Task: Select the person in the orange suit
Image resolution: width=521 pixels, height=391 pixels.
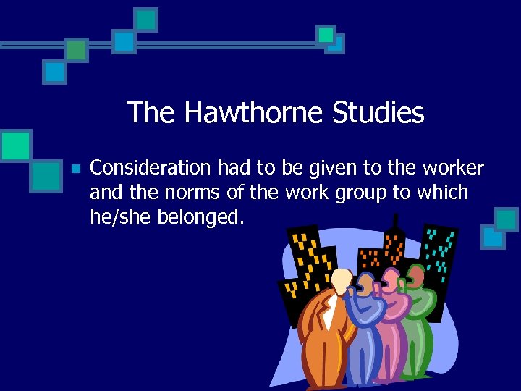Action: (x=326, y=333)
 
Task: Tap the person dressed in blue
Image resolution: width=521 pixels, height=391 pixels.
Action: (x=366, y=326)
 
